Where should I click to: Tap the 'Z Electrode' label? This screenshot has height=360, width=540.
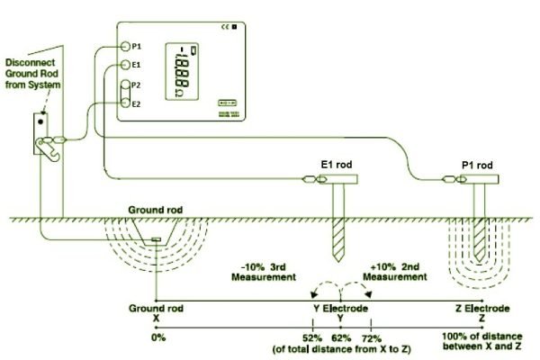coord(483,307)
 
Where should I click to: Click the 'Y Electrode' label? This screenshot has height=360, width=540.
coord(340,307)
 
